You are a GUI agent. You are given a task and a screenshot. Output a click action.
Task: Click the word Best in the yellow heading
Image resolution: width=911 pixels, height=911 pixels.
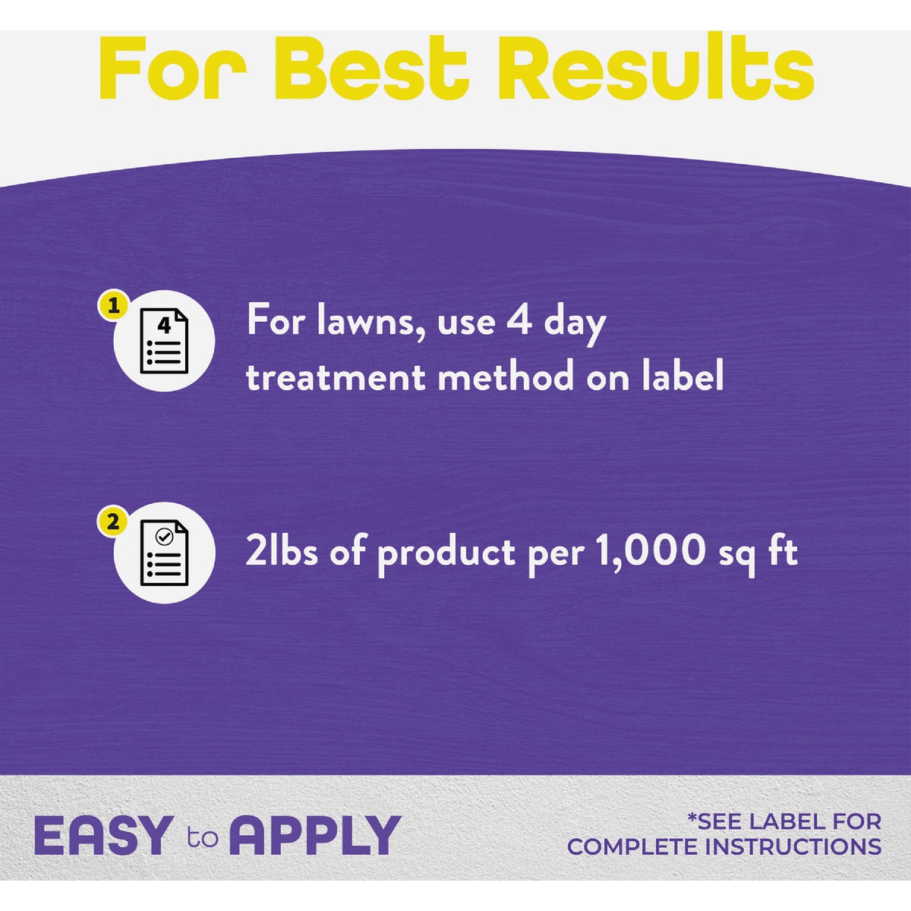click(x=370, y=67)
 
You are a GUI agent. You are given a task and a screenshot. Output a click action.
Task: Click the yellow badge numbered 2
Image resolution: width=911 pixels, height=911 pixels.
click(x=113, y=522)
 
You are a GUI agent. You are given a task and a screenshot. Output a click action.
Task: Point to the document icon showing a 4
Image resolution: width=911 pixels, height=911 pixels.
click(x=164, y=341)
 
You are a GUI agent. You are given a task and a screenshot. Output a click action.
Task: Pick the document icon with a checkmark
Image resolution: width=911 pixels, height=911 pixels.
click(x=164, y=553)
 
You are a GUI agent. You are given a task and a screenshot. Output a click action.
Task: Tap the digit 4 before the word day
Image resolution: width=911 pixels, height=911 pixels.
click(x=519, y=321)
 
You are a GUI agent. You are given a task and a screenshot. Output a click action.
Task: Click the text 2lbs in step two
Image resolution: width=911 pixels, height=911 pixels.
click(x=282, y=551)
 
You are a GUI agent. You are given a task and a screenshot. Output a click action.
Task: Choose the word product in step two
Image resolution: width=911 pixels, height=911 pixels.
click(x=446, y=554)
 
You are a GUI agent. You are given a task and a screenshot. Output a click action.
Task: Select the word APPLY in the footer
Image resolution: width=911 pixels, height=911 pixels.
click(x=315, y=836)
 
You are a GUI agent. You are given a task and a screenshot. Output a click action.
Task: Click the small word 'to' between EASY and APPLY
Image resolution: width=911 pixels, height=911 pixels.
click(x=203, y=837)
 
